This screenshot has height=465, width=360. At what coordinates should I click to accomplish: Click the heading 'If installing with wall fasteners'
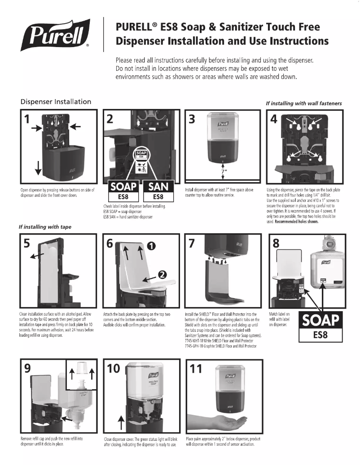(x=303, y=103)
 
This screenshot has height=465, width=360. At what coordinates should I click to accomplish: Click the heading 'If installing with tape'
(x=44, y=227)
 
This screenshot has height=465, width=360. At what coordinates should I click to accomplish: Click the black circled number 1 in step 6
(x=152, y=246)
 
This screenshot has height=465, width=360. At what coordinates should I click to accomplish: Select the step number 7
(x=193, y=243)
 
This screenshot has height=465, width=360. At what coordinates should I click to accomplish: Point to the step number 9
(x=28, y=369)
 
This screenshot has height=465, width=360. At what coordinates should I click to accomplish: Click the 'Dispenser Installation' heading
(x=56, y=102)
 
